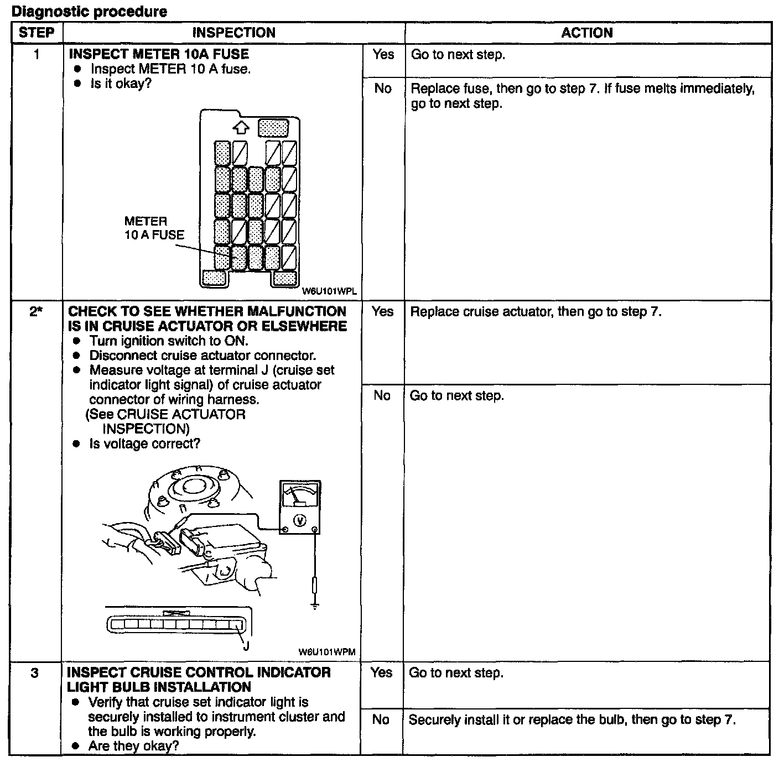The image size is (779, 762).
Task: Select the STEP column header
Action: tap(37, 33)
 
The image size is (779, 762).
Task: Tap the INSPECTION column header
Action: tap(233, 33)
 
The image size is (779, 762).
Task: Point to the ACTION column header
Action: tap(587, 33)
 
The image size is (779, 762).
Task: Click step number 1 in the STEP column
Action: tap(37, 54)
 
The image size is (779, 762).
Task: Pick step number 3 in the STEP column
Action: tap(35, 673)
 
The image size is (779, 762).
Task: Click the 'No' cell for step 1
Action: tap(383, 88)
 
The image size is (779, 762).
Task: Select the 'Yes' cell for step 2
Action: tap(383, 311)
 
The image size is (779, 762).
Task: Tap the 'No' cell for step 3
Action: tap(381, 719)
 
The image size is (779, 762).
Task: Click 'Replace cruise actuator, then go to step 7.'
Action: tap(536, 311)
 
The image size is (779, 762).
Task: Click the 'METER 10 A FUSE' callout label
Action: tap(154, 228)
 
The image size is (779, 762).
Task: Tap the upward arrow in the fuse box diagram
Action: tap(240, 128)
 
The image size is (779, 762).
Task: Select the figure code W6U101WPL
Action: tap(329, 291)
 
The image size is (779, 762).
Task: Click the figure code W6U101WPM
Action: tap(326, 652)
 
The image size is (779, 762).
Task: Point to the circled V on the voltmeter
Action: tap(299, 520)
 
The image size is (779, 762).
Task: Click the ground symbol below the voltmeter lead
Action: tap(315, 606)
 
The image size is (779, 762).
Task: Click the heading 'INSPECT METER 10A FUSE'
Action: tap(158, 54)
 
